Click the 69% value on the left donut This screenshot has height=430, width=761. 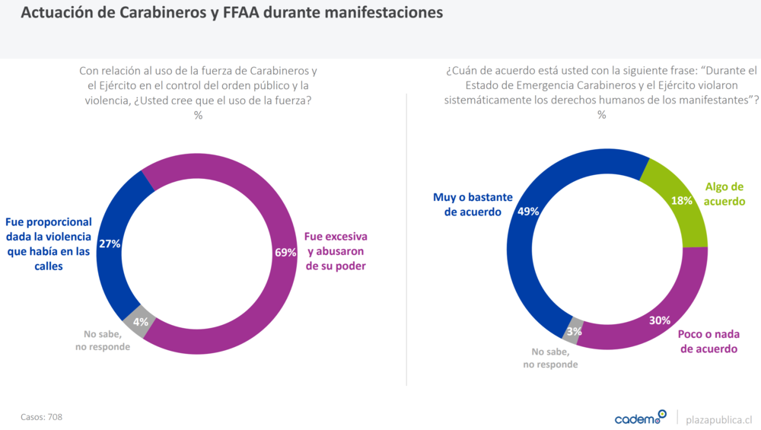tap(285, 253)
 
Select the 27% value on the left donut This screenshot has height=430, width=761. tap(110, 244)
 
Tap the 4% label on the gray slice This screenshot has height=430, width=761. tap(140, 322)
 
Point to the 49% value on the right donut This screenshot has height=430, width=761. tap(527, 212)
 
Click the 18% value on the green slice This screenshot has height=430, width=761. tap(681, 201)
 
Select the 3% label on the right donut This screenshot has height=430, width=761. tap(575, 331)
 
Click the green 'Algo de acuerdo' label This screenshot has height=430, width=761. tap(724, 194)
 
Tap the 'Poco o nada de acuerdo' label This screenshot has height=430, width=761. tap(708, 342)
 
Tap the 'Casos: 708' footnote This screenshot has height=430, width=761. tap(41, 416)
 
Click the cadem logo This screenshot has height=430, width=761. tap(640, 418)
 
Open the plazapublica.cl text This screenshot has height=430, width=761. tap(718, 419)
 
